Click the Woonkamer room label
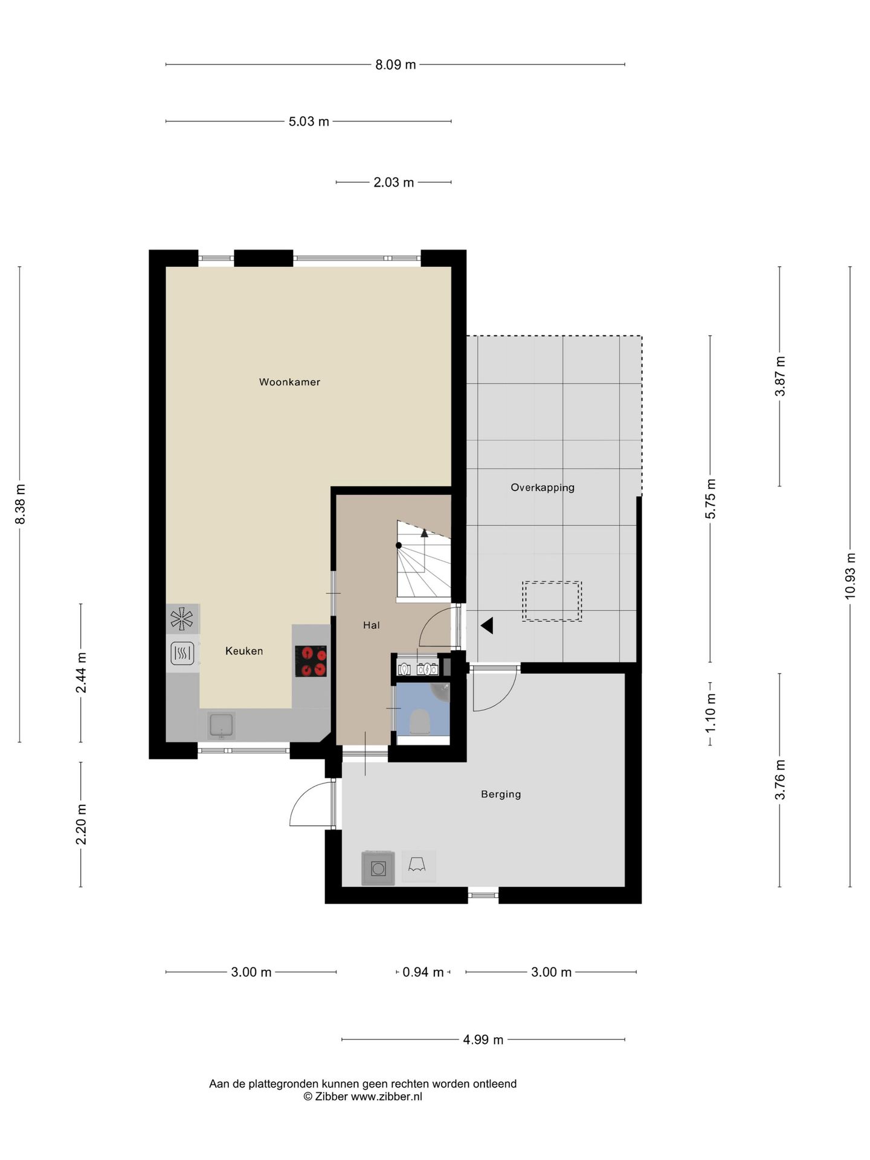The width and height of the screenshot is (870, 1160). click(x=289, y=382)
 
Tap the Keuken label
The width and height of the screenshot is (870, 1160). click(x=244, y=651)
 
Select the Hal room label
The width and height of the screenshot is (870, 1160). click(x=372, y=625)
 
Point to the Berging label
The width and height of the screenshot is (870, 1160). click(x=501, y=794)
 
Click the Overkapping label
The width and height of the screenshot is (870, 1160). click(x=543, y=488)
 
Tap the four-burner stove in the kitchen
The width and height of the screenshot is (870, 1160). click(x=311, y=661)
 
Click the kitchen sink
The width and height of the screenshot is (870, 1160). click(x=221, y=726)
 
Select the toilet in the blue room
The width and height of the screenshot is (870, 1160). click(x=419, y=721)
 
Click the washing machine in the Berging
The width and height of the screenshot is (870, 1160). click(x=378, y=869)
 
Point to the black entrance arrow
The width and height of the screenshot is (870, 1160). click(x=487, y=626)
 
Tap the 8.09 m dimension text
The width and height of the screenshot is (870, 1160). click(x=396, y=65)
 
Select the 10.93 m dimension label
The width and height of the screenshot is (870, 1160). click(x=851, y=576)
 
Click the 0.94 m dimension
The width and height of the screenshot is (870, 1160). click(x=423, y=972)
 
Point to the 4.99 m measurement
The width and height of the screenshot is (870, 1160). click(x=483, y=1040)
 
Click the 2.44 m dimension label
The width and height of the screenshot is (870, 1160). click(x=81, y=672)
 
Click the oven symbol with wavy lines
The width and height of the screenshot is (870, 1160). click(x=182, y=653)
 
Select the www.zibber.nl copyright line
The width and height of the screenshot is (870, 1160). click(x=362, y=1097)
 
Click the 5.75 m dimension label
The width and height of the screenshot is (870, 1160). click(x=710, y=498)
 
